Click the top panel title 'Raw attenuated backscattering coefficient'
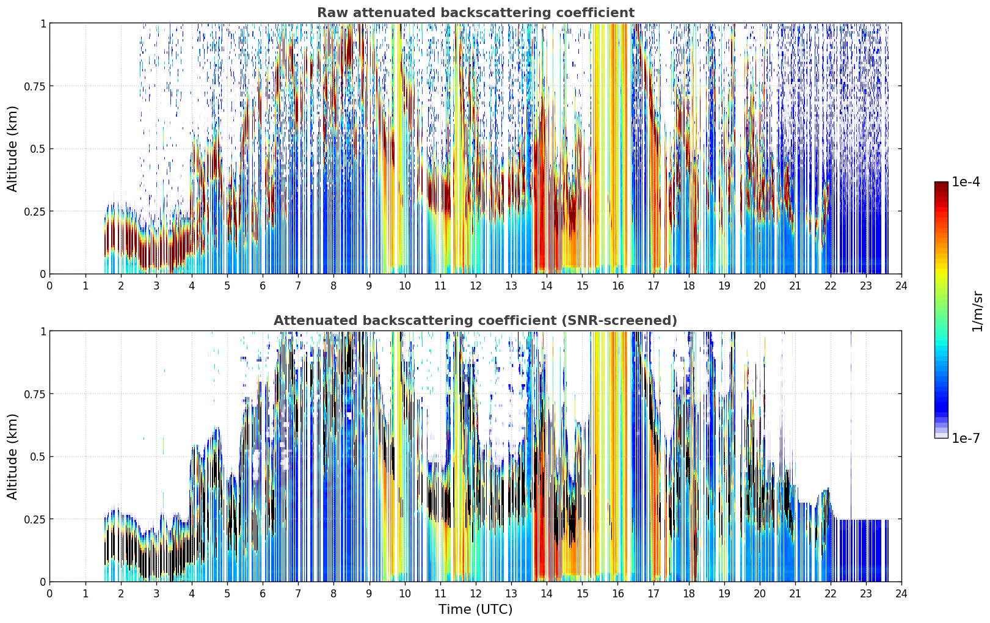click(x=476, y=13)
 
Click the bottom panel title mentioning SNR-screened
click(x=476, y=320)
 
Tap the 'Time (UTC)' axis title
click(x=476, y=610)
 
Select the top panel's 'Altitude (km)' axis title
click(x=12, y=148)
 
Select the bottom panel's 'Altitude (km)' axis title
click(x=12, y=456)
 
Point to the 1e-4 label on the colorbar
click(x=966, y=181)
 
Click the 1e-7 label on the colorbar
click(x=966, y=439)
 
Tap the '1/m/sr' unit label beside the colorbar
click(x=977, y=311)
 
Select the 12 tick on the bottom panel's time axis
click(x=476, y=594)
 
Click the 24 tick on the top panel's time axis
click(x=901, y=286)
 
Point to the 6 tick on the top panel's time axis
click(x=263, y=286)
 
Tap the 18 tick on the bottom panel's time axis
click(x=688, y=594)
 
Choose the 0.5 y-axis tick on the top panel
click(x=37, y=149)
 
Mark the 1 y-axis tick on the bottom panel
click(x=43, y=332)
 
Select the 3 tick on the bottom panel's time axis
click(x=156, y=594)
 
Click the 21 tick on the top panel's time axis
click(x=795, y=286)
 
